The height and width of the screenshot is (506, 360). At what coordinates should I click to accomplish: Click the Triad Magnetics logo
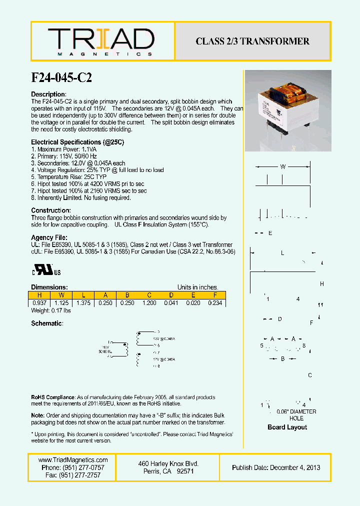(x=101, y=41)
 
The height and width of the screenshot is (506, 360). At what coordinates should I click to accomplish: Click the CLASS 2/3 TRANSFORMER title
(x=252, y=41)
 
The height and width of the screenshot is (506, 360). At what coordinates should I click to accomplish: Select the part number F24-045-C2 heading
(x=61, y=77)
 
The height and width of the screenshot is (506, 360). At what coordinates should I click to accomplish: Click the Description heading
(x=48, y=94)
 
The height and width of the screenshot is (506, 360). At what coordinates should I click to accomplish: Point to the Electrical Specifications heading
(x=77, y=142)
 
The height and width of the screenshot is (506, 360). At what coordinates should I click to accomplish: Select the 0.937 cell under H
(x=39, y=303)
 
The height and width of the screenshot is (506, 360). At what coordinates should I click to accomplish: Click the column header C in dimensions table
(x=149, y=295)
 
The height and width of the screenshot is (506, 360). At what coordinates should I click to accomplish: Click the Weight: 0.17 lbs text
(x=51, y=311)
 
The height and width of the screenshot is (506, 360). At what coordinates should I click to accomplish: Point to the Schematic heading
(x=47, y=323)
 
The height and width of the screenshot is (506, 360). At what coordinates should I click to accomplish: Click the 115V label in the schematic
(x=105, y=346)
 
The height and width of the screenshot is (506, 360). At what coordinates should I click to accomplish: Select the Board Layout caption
(x=287, y=427)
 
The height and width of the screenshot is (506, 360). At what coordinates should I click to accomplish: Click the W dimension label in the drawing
(x=282, y=167)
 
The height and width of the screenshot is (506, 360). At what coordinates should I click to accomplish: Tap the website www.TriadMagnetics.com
(x=73, y=460)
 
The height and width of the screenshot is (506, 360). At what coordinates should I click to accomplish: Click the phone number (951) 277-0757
(x=73, y=467)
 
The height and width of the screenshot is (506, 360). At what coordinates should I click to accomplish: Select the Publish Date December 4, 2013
(x=276, y=467)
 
